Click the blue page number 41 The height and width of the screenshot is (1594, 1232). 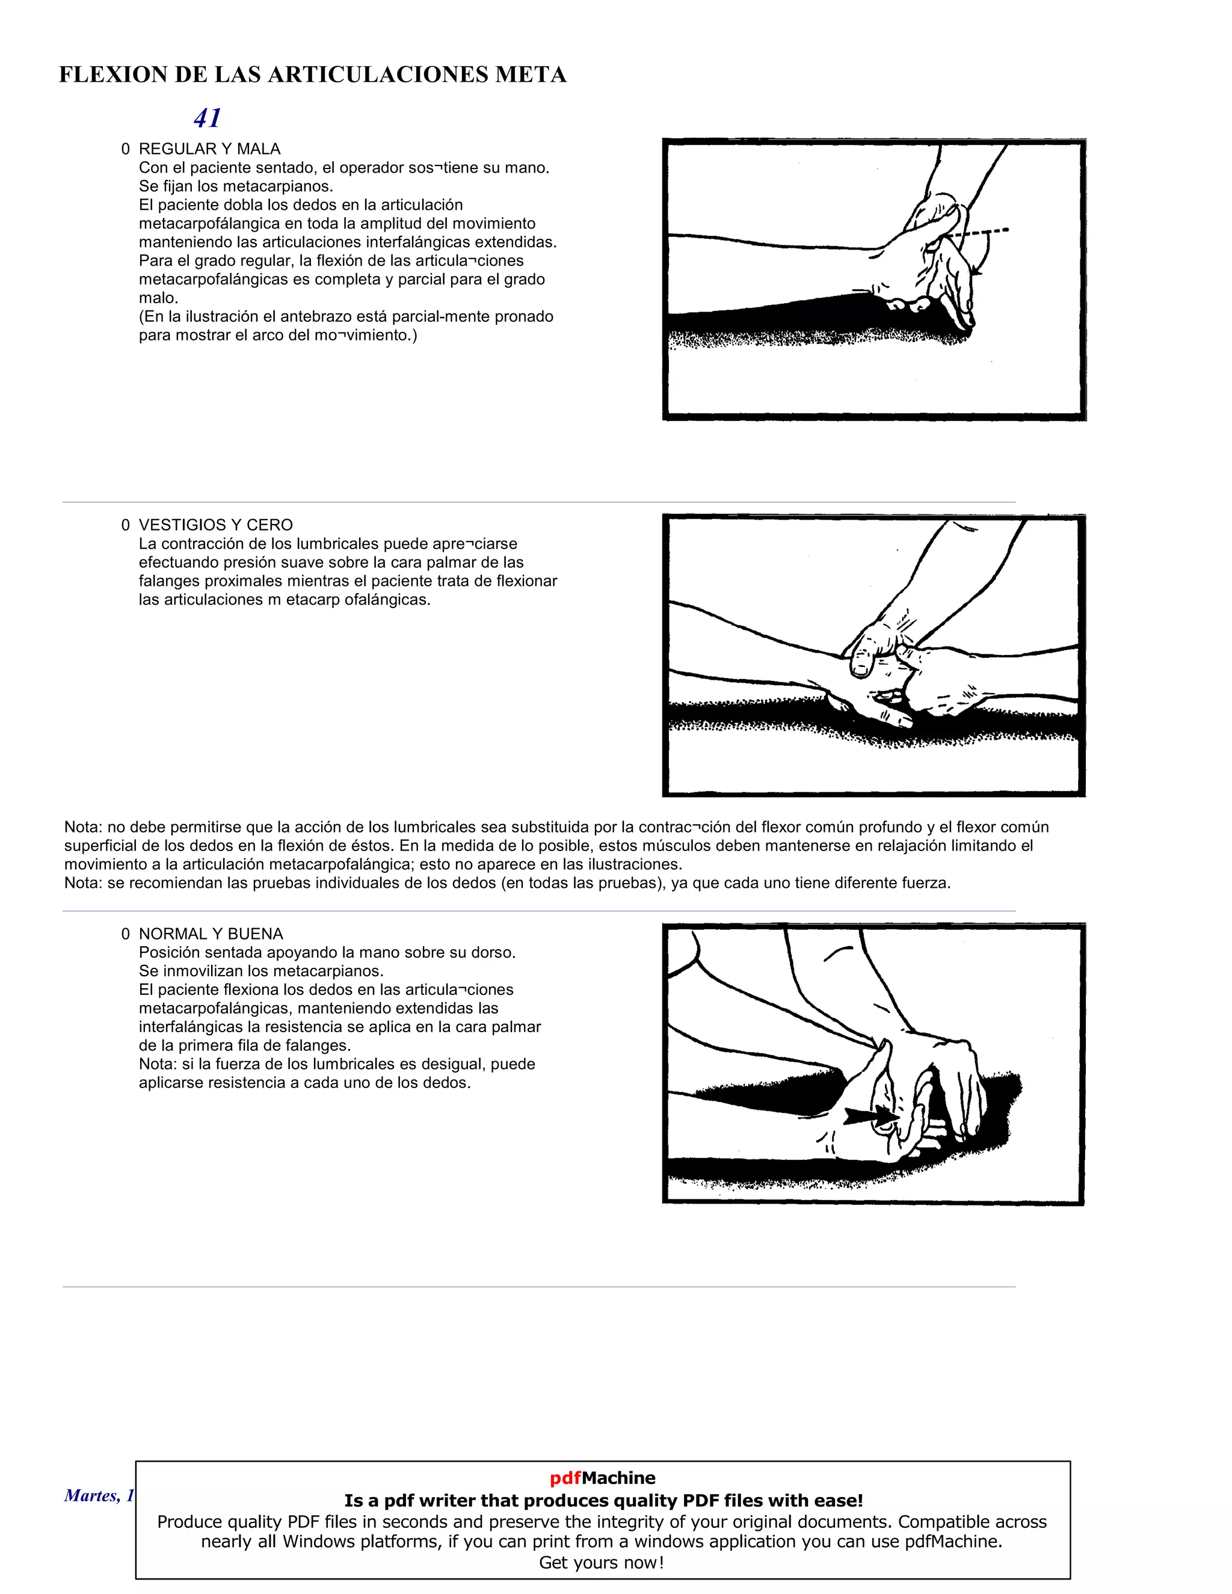(208, 118)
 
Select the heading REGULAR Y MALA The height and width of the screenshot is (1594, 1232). (209, 149)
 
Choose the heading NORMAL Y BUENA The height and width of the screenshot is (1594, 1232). (211, 934)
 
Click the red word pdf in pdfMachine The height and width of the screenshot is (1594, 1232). (565, 1478)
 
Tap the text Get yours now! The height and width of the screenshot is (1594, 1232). (602, 1563)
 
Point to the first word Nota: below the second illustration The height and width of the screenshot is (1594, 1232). (83, 827)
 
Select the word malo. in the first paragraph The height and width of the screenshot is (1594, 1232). (158, 298)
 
